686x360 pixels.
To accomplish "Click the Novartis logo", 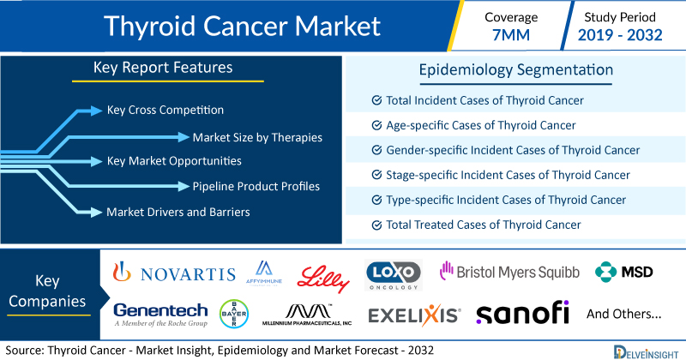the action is (x=174, y=272).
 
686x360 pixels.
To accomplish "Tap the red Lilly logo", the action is (x=323, y=279).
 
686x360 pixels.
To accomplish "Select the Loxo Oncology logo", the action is (x=394, y=274).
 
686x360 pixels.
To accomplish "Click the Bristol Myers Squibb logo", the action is (x=509, y=272).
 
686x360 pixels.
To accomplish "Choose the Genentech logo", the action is (x=160, y=315).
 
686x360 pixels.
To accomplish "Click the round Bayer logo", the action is (x=234, y=314).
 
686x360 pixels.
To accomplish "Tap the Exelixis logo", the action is (x=414, y=315).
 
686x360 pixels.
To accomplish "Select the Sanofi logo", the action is (x=522, y=312).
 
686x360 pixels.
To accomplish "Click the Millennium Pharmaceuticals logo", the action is (x=307, y=315).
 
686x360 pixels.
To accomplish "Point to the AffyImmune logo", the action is (x=264, y=273).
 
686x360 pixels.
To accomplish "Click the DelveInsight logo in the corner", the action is (x=646, y=352).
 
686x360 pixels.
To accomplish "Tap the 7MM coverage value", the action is (x=510, y=35).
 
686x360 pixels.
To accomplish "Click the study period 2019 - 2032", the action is (x=620, y=35).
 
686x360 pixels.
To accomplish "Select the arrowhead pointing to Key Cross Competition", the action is (x=96, y=111).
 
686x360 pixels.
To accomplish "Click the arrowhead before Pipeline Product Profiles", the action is (x=184, y=186).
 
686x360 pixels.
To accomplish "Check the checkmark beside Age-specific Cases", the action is (x=376, y=125).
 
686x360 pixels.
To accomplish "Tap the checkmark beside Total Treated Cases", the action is (x=376, y=225).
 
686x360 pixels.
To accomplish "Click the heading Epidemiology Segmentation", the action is (x=516, y=70).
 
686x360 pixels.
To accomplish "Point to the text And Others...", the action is (x=624, y=314).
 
